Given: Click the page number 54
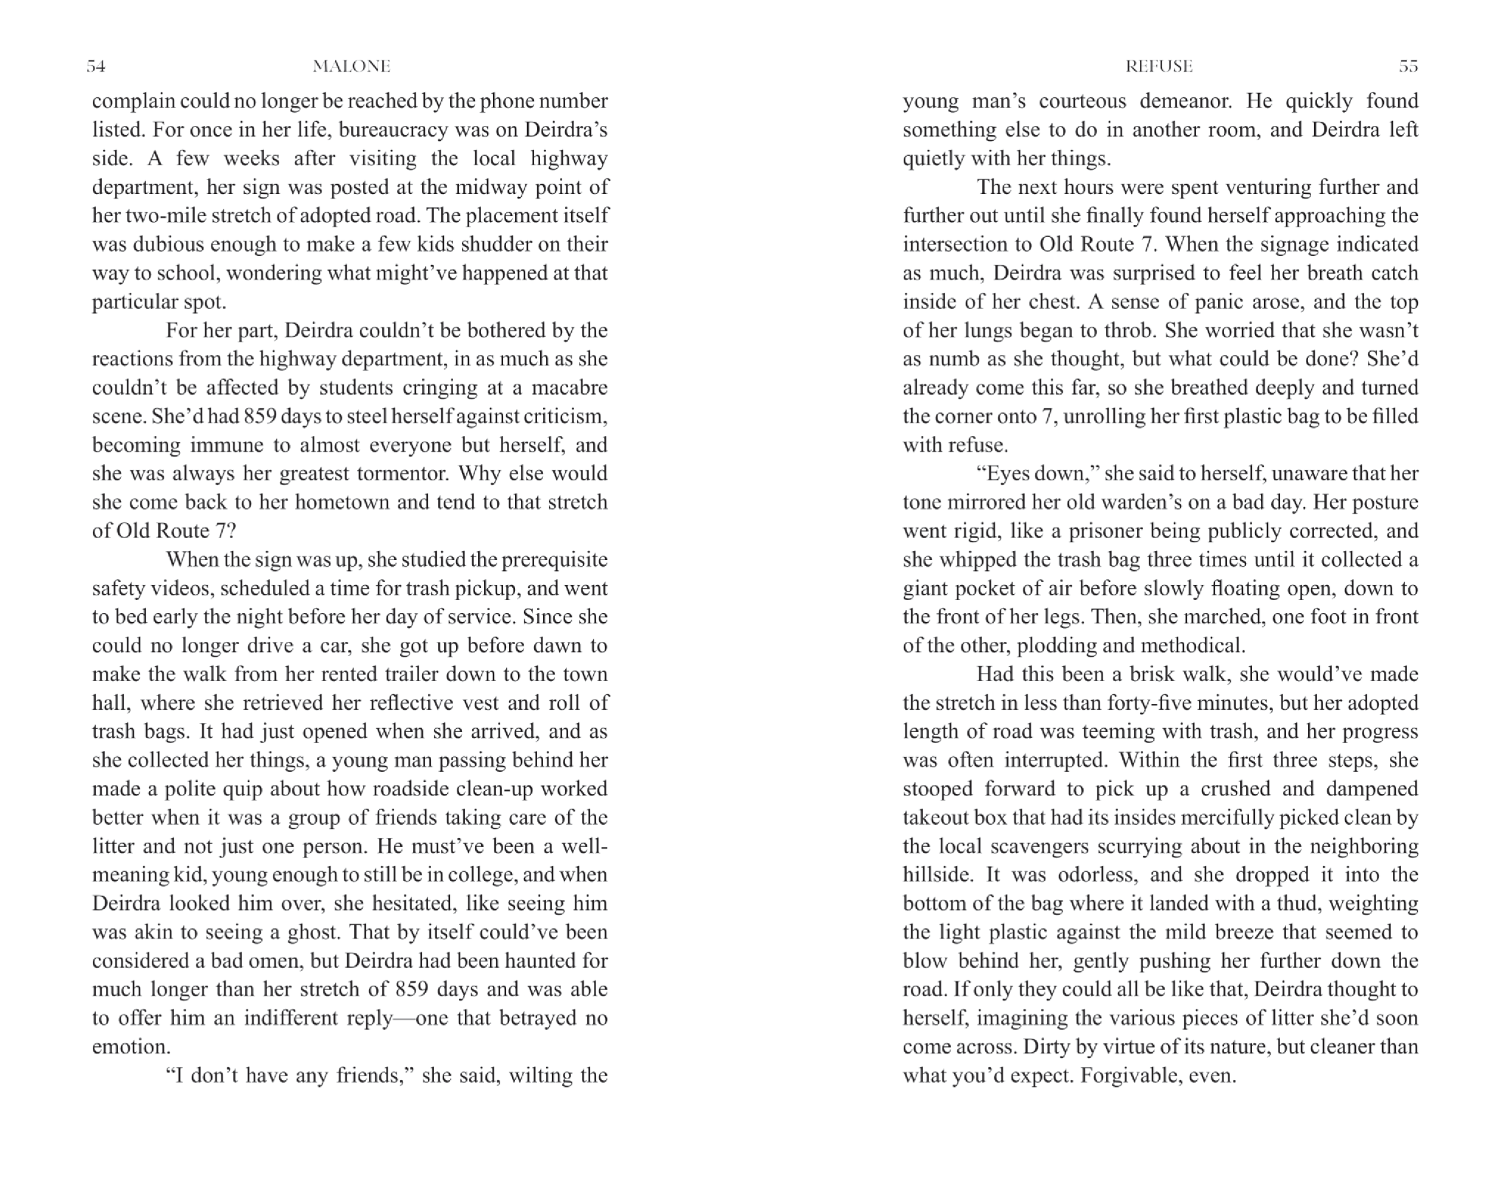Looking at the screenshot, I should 96,66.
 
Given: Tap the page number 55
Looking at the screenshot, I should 1408,66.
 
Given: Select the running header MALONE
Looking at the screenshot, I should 351,66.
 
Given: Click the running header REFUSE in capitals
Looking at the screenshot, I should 1158,66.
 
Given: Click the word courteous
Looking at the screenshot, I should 1082,101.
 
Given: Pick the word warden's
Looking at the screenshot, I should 1164,502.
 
